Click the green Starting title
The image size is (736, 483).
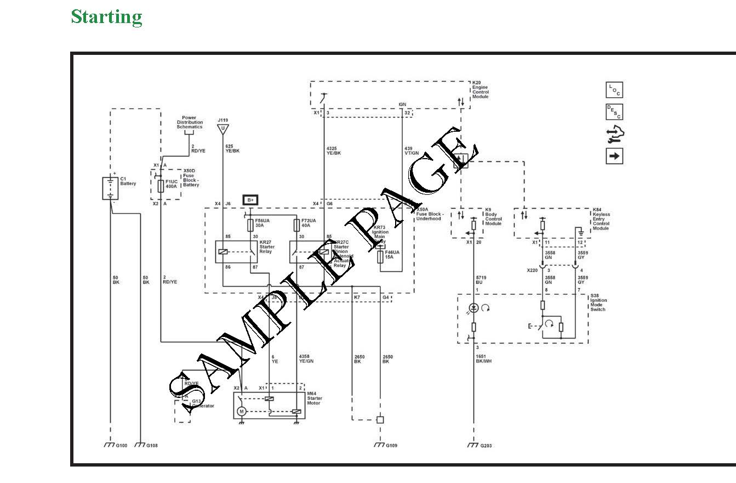pyautogui.click(x=106, y=16)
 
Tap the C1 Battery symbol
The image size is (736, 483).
pyautogui.click(x=111, y=188)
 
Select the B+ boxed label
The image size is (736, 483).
pyautogui.click(x=250, y=200)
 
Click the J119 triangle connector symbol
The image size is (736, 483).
pyautogui.click(x=222, y=129)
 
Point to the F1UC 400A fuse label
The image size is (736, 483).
pyautogui.click(x=172, y=183)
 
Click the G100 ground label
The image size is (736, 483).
pyautogui.click(x=121, y=446)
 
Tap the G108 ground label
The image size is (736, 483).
pyautogui.click(x=152, y=446)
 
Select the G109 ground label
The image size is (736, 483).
pyautogui.click(x=391, y=446)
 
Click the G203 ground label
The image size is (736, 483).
pyautogui.click(x=486, y=446)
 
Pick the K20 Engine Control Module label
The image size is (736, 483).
pyautogui.click(x=481, y=89)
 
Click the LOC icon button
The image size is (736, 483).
pyautogui.click(x=614, y=90)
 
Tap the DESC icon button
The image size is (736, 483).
pyautogui.click(x=614, y=111)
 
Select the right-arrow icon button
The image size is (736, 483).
pyautogui.click(x=614, y=156)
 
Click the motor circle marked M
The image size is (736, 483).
pyautogui.click(x=240, y=412)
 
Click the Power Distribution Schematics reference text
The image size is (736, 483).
pyautogui.click(x=189, y=122)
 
